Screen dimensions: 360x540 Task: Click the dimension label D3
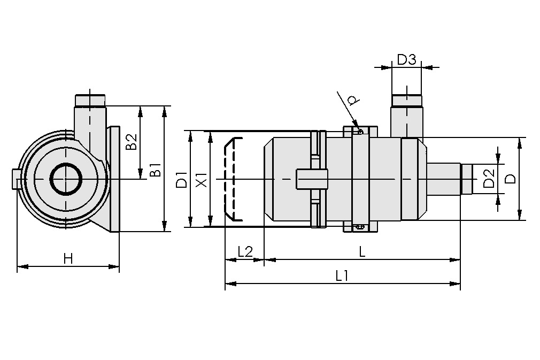coord(406,59)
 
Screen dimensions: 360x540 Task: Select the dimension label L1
coord(342,276)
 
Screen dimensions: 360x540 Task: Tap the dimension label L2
coord(244,252)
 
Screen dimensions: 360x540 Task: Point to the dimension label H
coord(68,259)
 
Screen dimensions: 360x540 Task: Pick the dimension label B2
coord(131,142)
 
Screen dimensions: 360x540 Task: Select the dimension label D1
coord(182,179)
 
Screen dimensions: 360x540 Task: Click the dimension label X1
coord(202,179)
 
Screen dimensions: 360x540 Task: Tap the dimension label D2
coord(488,179)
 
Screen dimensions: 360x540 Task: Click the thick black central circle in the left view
coord(66,179)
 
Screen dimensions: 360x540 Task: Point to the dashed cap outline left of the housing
coord(232,179)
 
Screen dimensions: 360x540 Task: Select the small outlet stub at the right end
coord(467,179)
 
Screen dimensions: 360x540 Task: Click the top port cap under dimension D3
coord(407,101)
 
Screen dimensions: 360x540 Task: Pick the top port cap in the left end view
coord(90,100)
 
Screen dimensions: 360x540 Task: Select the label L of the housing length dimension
coord(362,252)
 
